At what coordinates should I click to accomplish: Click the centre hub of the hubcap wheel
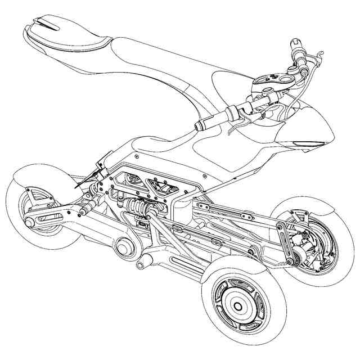pos(237,306)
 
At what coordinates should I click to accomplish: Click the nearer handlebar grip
pos(211,119)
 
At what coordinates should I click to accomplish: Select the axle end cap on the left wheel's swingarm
pos(29,223)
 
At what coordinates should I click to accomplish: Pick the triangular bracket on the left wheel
pos(34,197)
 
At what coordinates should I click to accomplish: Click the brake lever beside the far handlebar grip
pos(318,56)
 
